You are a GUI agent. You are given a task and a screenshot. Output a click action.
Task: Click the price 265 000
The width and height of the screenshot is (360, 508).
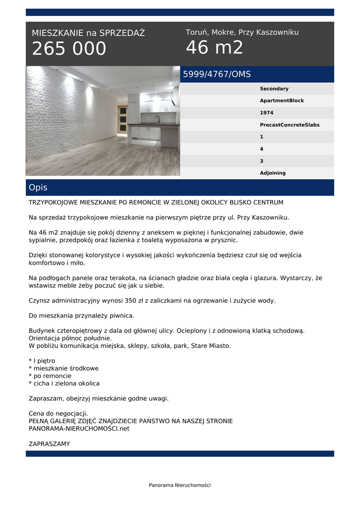(69, 49)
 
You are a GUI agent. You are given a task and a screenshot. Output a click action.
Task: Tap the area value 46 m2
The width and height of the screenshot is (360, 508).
(215, 48)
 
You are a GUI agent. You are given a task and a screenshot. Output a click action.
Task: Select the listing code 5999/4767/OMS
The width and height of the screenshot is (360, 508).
(217, 74)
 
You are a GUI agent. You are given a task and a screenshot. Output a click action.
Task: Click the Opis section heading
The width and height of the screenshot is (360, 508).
(38, 188)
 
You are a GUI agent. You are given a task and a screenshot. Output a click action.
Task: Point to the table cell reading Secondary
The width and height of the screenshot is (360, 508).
(274, 89)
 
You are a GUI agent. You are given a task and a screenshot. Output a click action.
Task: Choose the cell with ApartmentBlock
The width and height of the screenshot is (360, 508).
(282, 101)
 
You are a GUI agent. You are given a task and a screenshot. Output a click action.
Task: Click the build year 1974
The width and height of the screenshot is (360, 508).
(267, 113)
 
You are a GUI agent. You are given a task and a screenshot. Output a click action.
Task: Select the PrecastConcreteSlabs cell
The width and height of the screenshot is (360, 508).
(289, 125)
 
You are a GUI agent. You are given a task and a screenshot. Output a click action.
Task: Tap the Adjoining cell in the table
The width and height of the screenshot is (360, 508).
(273, 173)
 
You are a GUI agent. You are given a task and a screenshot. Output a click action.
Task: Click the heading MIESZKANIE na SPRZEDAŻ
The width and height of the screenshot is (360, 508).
(88, 33)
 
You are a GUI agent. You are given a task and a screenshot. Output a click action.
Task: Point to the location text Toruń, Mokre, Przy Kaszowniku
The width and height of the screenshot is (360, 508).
(242, 32)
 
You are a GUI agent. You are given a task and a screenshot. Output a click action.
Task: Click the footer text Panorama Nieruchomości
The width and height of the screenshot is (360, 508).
(180, 485)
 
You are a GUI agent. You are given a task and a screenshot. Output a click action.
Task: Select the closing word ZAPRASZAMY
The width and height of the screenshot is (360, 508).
(49, 444)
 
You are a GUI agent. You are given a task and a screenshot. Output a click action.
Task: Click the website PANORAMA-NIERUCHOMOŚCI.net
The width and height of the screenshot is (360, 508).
(79, 429)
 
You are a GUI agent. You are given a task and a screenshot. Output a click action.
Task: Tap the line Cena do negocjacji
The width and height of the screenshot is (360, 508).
(58, 413)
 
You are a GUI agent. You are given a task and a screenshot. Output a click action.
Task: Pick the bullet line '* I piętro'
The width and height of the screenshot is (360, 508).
(42, 361)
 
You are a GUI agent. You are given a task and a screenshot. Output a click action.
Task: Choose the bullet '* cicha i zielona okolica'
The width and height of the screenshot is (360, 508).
(64, 383)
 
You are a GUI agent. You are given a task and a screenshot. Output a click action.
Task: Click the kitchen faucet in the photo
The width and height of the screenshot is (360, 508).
(158, 119)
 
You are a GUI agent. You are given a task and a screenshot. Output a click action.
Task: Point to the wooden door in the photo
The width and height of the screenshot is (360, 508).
(123, 119)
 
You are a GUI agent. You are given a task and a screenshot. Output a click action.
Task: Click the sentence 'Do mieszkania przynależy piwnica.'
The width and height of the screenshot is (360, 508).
(81, 316)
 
